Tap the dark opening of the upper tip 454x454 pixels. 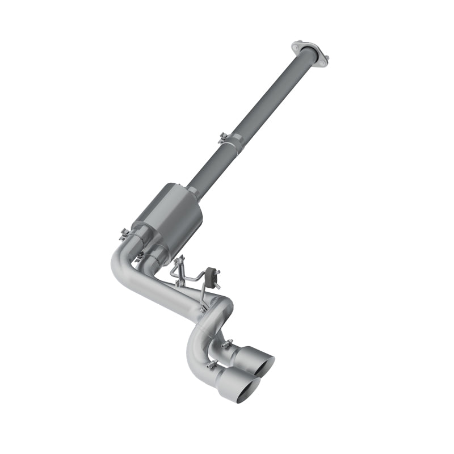click(266, 367)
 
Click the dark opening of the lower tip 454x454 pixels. click(250, 391)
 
